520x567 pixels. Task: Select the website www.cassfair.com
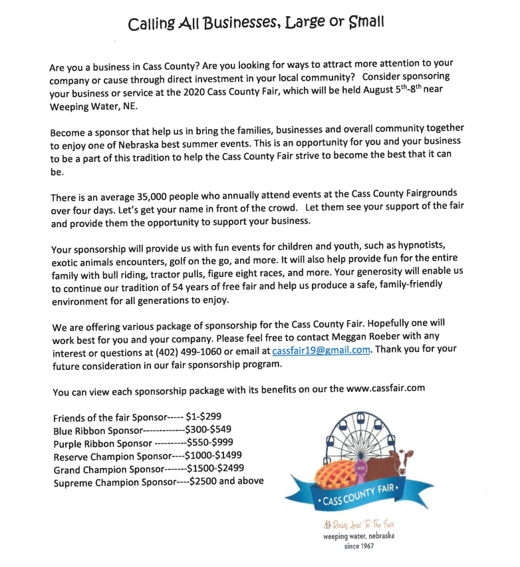(x=386, y=388)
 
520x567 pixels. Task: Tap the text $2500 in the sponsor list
(x=202, y=481)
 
